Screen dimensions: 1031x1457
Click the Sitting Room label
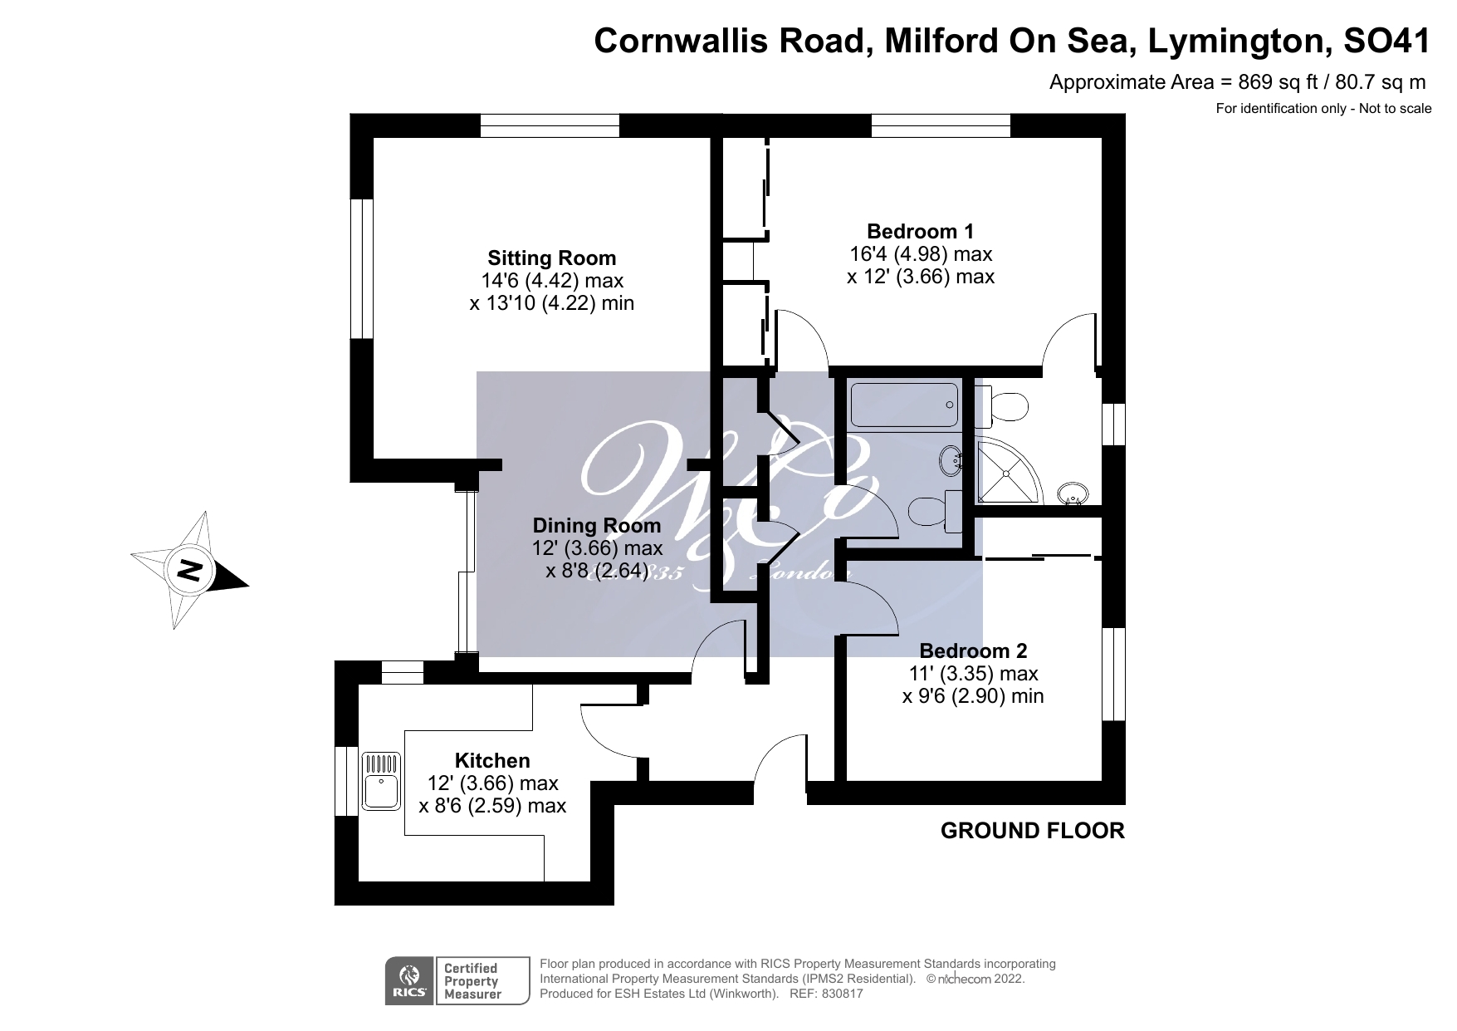tap(551, 258)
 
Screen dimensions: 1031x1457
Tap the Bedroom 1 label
tap(920, 231)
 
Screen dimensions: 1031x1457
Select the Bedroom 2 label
tap(973, 651)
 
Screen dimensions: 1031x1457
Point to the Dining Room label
tap(596, 525)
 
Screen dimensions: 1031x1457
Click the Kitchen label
tap(492, 760)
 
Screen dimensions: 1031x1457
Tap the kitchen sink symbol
tap(381, 781)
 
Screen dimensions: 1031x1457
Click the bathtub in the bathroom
tap(904, 405)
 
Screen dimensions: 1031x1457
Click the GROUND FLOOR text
tap(1032, 831)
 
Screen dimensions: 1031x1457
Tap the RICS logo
tap(408, 981)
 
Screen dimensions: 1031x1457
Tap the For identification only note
tap(1323, 108)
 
